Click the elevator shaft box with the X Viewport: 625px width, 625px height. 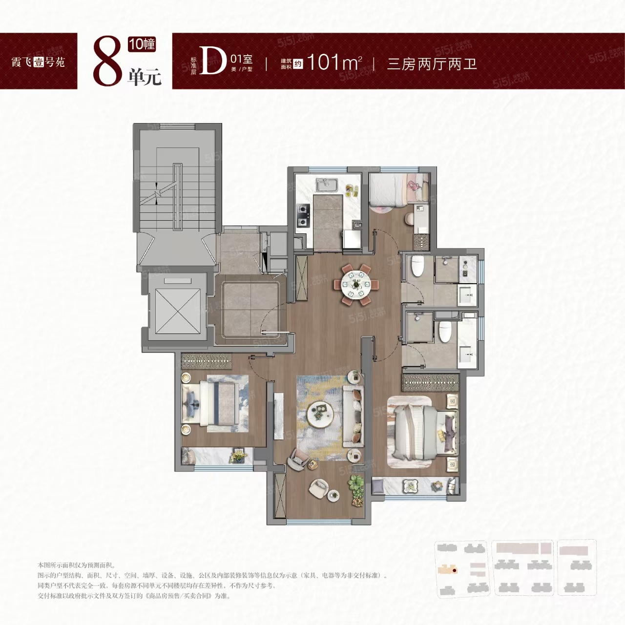click(178, 311)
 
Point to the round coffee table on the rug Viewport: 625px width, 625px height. click(320, 413)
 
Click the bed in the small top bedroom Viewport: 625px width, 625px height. click(393, 190)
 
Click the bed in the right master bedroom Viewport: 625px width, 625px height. click(420, 430)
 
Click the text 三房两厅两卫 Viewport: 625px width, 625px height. click(432, 63)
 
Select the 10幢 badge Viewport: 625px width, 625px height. click(142, 44)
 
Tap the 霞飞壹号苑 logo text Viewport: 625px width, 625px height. click(38, 62)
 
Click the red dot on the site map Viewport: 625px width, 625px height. click(454, 569)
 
